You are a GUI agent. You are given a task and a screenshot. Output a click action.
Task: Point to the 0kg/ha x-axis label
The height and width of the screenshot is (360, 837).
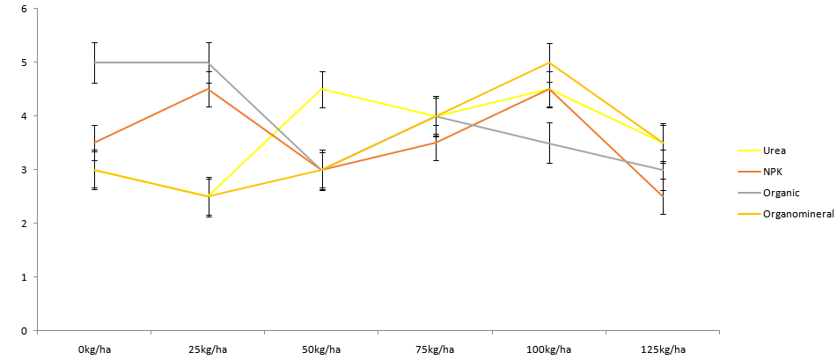[94, 349]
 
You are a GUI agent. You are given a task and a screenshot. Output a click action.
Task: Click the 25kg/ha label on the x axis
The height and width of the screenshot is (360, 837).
[208, 349]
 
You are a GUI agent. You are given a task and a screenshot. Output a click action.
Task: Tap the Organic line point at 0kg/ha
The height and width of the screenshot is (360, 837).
[94, 62]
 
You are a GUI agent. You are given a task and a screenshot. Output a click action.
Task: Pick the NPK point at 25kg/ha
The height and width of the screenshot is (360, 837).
[208, 89]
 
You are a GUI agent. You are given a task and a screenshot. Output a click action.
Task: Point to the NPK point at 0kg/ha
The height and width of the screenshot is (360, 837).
[94, 143]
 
